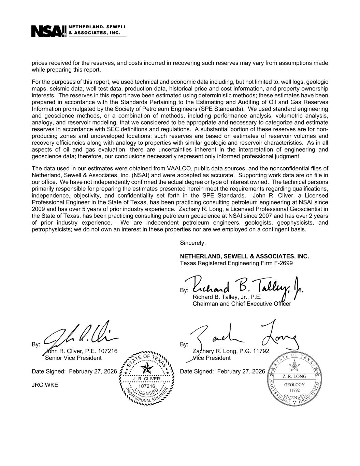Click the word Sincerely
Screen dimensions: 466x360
(193, 243)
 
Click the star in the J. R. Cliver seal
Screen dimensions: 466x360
(147, 368)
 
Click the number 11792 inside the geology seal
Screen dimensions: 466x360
(294, 390)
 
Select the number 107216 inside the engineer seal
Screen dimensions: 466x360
(147, 386)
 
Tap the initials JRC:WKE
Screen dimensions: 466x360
(45, 385)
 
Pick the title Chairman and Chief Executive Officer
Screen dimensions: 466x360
(242, 303)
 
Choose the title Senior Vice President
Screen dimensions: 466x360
(73, 358)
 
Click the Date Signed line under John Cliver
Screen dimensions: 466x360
(74, 371)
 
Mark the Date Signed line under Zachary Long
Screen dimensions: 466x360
(222, 371)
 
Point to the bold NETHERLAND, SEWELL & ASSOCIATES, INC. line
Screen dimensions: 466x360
(244, 256)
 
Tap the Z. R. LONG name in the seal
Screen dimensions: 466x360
(294, 376)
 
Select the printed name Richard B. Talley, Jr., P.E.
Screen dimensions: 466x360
(227, 297)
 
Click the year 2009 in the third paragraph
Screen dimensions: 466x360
(38, 209)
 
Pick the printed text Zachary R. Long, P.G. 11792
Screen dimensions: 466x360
(231, 351)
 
